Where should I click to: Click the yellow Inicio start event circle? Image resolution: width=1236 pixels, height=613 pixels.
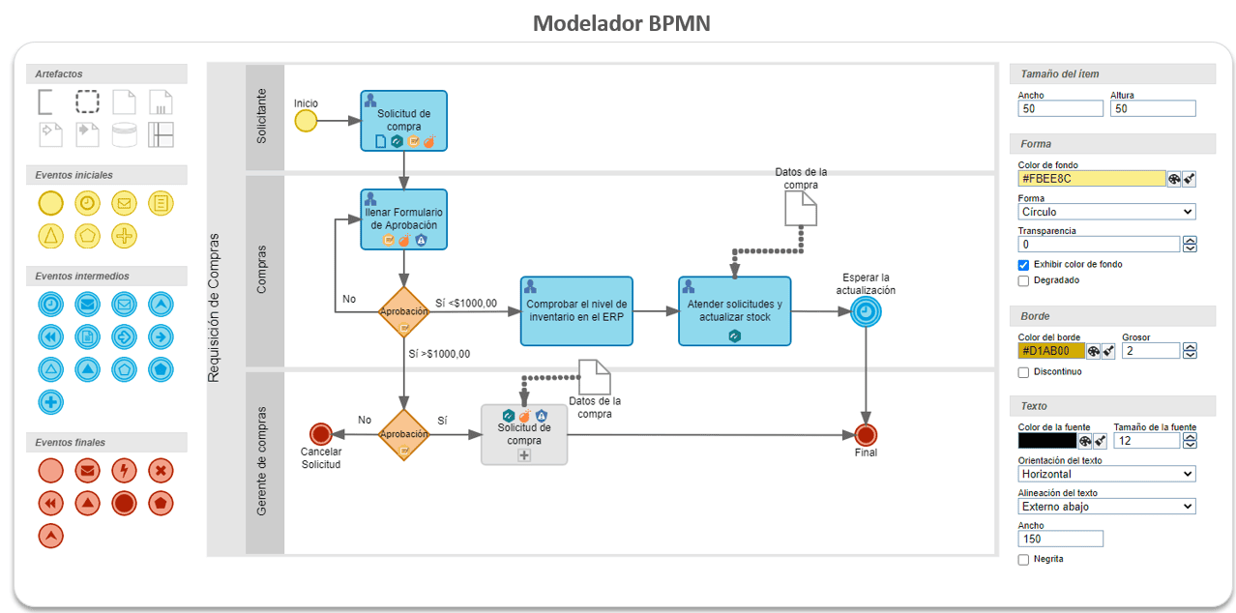306,121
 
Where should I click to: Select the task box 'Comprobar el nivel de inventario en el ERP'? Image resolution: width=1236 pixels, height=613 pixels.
577,311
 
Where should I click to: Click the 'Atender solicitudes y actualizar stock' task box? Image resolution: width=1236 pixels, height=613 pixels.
734,311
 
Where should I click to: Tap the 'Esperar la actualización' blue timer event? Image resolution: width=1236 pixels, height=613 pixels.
866,311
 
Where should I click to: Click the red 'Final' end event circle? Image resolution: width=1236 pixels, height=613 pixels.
866,434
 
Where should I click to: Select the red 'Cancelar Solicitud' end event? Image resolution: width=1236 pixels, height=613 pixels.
320,434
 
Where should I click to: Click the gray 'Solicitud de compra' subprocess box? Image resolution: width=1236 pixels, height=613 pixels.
524,434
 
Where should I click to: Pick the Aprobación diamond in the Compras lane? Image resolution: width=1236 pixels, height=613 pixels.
403,311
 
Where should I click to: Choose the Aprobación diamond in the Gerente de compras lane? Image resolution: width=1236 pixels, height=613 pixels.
403,434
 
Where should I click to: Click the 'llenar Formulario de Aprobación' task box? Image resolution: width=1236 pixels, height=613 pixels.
403,219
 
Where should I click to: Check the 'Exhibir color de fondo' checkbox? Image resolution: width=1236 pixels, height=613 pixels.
1024,265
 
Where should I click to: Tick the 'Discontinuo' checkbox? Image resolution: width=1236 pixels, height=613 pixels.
1024,372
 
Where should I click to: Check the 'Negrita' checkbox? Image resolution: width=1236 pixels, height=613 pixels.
1024,559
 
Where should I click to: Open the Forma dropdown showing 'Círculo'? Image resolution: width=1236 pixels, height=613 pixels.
1106,212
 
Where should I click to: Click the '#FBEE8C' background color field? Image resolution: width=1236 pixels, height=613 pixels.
1091,179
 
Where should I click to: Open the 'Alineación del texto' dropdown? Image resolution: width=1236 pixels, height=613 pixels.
1106,506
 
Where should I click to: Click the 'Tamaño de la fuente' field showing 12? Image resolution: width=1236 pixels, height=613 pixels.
1145,441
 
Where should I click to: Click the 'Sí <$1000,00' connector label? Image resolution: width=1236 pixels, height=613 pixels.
466,304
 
